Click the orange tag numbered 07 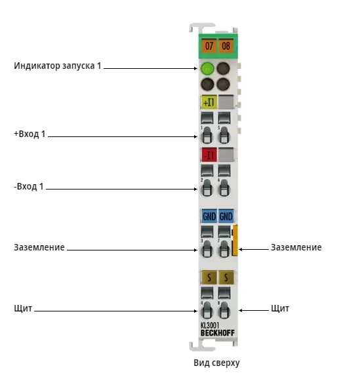pyautogui.click(x=209, y=46)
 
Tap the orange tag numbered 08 pyautogui.click(x=226, y=46)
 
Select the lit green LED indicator pyautogui.click(x=207, y=68)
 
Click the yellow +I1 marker pyautogui.click(x=209, y=102)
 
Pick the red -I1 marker pyautogui.click(x=209, y=155)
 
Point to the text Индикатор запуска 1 pyautogui.click(x=58, y=66)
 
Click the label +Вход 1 pyautogui.click(x=30, y=134)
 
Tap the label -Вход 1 pyautogui.click(x=29, y=186)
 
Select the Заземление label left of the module pyautogui.click(x=39, y=247)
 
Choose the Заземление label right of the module pyautogui.click(x=296, y=247)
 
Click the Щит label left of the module pyautogui.click(x=23, y=308)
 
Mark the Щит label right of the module pyautogui.click(x=280, y=308)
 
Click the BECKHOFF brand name pyautogui.click(x=218, y=333)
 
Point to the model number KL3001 pyautogui.click(x=210, y=326)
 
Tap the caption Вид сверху pyautogui.click(x=216, y=363)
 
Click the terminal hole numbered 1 pyautogui.click(x=207, y=136)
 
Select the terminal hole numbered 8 pyautogui.click(x=224, y=310)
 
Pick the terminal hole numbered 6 pyautogui.click(x=224, y=188)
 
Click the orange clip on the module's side pyautogui.click(x=235, y=240)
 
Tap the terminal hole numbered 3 pyautogui.click(x=207, y=249)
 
